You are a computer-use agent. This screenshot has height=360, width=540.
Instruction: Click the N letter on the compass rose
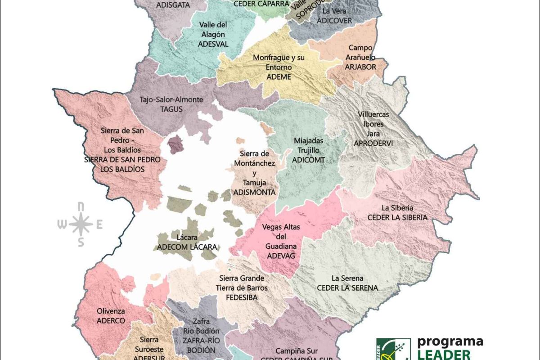[x=81, y=207]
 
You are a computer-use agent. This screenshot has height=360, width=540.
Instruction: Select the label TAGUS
[x=165, y=109]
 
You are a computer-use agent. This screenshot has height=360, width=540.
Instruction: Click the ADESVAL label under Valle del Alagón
[x=213, y=44]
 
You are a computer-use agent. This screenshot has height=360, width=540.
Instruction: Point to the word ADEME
[x=279, y=77]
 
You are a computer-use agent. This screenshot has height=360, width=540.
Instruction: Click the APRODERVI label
[x=373, y=143]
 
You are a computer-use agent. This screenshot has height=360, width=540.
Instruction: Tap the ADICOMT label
[x=308, y=160]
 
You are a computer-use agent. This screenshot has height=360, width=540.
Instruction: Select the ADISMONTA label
[x=254, y=192]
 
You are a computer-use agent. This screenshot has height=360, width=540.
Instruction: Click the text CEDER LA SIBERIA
[x=397, y=217]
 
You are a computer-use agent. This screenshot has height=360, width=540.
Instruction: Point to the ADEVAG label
[x=281, y=256]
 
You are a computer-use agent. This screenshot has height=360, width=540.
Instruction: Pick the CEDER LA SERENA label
[x=347, y=288]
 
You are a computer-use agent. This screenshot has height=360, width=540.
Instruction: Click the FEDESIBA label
[x=242, y=297]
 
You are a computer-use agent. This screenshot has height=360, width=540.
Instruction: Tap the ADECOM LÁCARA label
[x=187, y=247]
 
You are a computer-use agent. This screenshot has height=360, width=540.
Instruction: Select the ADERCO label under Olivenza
[x=111, y=321]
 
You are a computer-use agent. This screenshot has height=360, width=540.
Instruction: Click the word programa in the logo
[x=450, y=342]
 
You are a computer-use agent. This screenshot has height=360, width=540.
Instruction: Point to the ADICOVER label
[x=333, y=20]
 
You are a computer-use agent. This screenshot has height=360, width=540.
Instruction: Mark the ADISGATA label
[x=173, y=5]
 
